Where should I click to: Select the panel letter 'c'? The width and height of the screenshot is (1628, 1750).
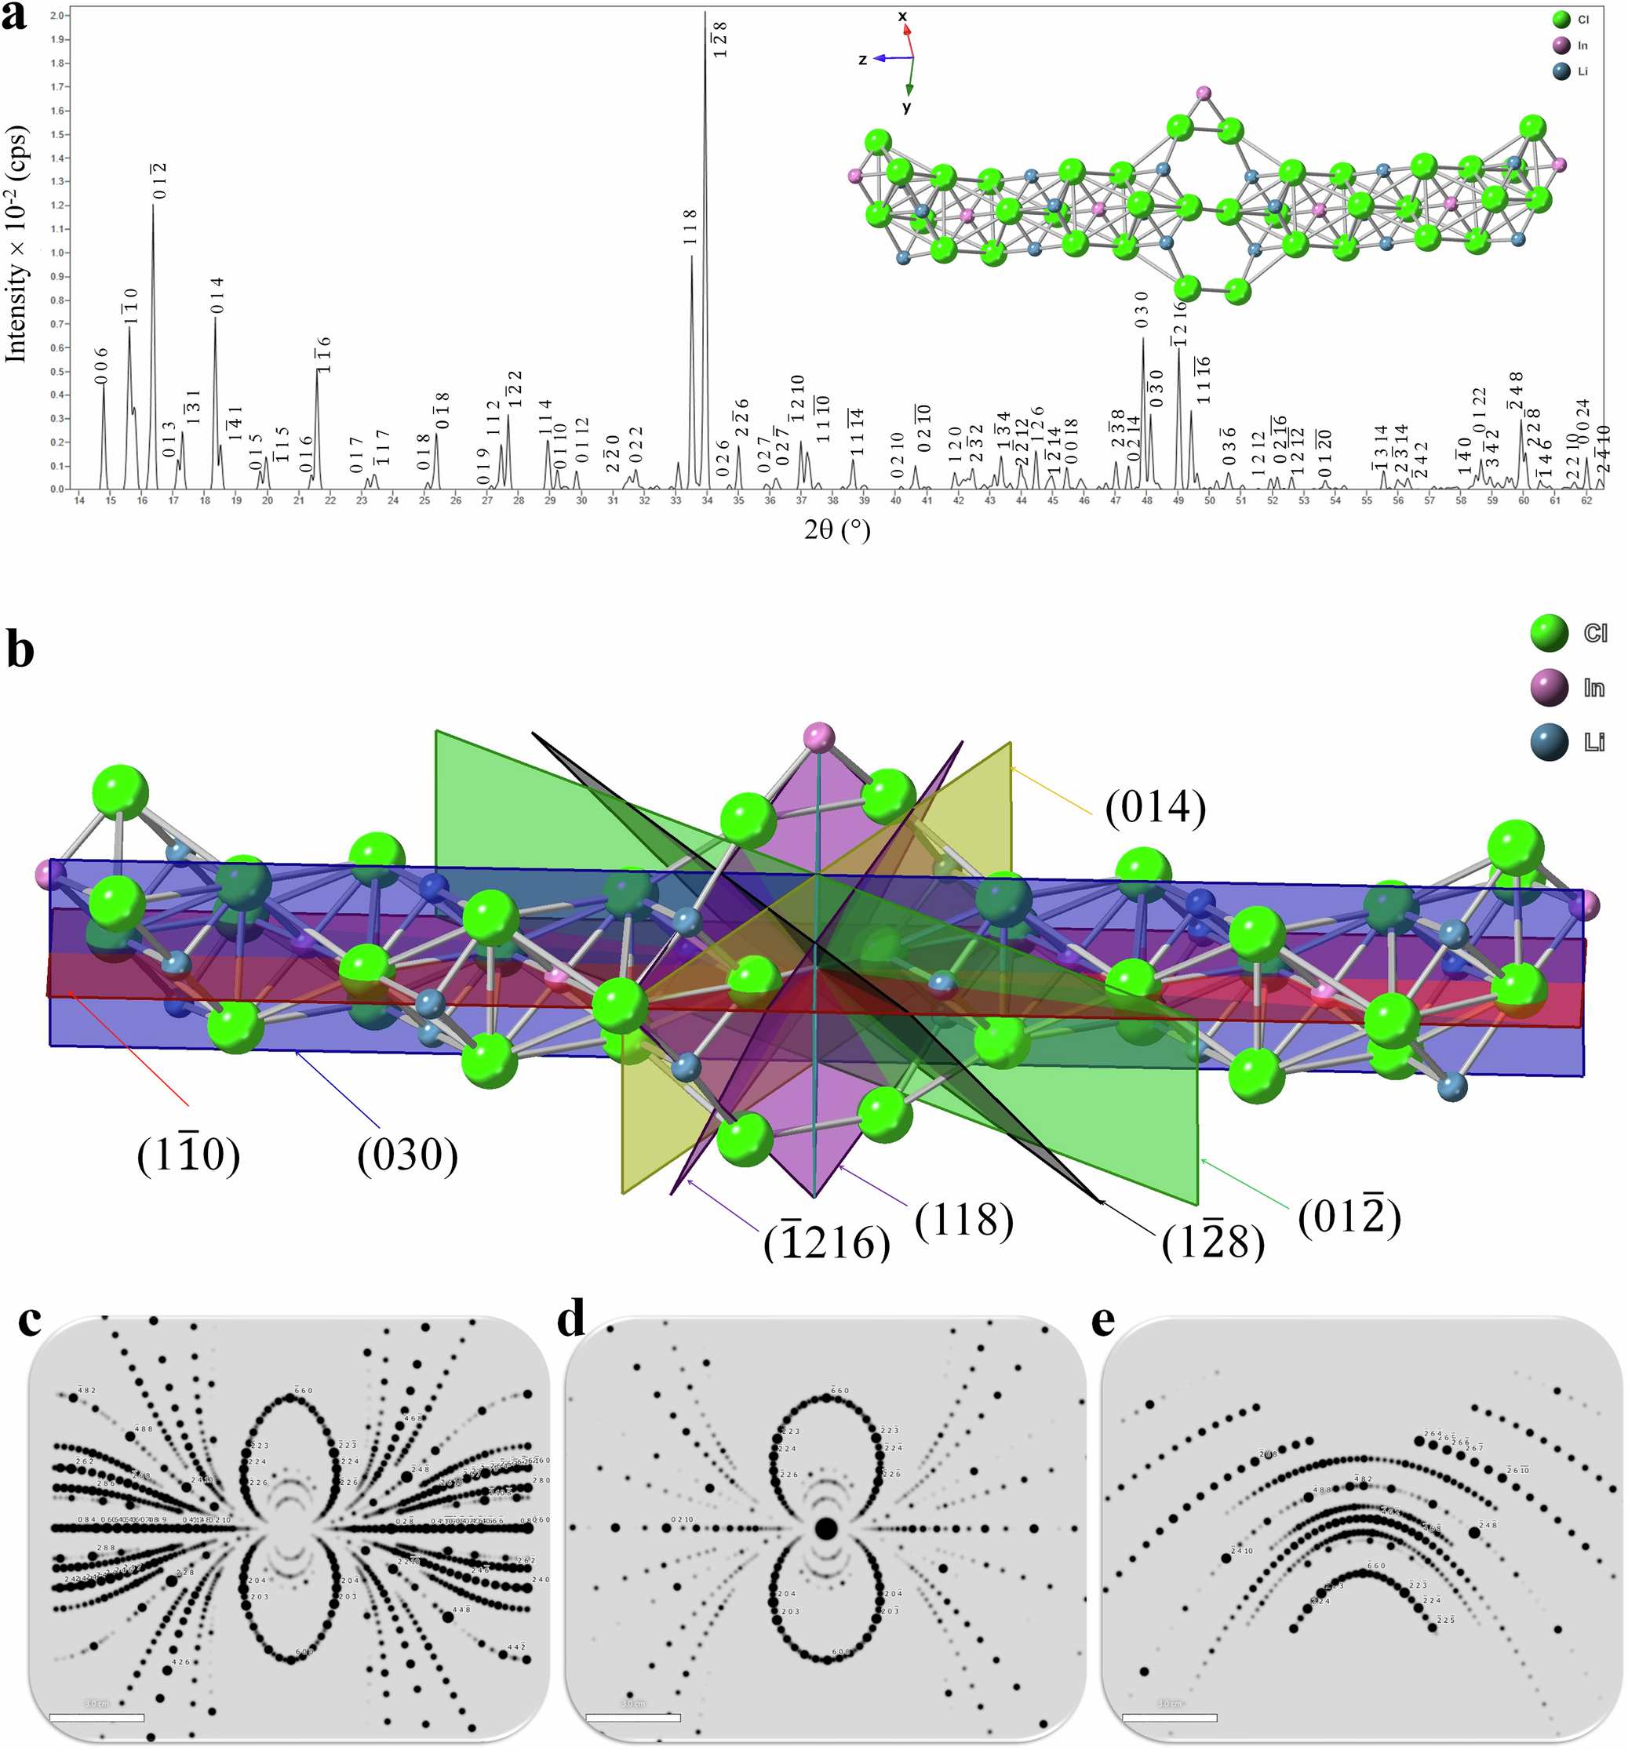coord(29,1320)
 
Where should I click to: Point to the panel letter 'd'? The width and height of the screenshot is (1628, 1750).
coord(571,1320)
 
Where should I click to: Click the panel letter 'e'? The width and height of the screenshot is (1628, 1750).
coord(1102,1320)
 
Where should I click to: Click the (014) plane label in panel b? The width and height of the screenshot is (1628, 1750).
coord(1155,807)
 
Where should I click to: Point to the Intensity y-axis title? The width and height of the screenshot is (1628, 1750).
coord(16,244)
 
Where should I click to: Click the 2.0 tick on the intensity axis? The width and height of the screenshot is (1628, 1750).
coord(58,16)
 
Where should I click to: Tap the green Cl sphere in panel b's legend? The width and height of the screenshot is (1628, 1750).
coord(1549,633)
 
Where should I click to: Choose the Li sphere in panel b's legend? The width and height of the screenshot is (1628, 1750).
coord(1549,742)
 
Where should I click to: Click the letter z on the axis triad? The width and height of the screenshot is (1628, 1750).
coord(863,59)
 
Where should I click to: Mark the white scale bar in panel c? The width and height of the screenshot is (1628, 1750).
coord(97,1717)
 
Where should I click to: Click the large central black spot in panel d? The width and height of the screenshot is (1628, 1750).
coord(825,1528)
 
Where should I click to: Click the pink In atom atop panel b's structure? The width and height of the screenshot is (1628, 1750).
coord(819,736)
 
